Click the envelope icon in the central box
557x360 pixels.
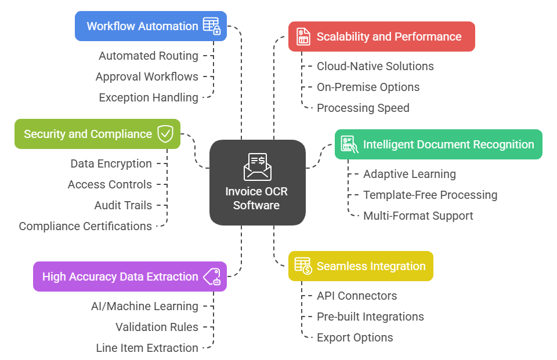coord(257,167)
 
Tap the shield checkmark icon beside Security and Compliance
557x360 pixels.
coord(165,134)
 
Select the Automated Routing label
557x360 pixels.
coord(149,56)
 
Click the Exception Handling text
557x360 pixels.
coord(149,97)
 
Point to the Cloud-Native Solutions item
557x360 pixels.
coord(375,66)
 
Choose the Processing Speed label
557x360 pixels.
coord(363,108)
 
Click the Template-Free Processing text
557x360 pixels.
coord(430,195)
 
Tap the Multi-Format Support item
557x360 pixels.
coord(418,216)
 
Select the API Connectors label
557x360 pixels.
coord(357,296)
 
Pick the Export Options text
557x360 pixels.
coord(355,337)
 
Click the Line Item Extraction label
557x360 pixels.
coord(147,348)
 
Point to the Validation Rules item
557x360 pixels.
coord(157,327)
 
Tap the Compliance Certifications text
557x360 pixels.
coord(85,226)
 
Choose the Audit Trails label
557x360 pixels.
coord(123,205)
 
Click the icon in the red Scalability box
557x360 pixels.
coord(303,37)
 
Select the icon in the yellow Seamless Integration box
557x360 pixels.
coord(303,266)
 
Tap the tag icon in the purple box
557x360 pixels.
coord(212,277)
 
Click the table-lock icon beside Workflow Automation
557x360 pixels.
coord(212,26)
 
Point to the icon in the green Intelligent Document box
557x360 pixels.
coord(349,144)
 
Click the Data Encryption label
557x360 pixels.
coord(111,163)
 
